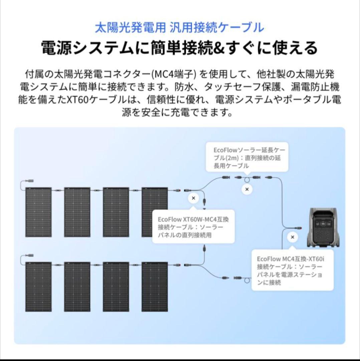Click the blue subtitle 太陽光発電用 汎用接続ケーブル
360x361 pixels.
coord(179,27)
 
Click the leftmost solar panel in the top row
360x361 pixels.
coord(39,212)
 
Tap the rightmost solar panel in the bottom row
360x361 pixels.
coord(154,287)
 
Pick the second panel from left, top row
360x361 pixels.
coord(77,212)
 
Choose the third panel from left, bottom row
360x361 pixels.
coord(116,287)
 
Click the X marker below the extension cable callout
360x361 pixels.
coord(247,189)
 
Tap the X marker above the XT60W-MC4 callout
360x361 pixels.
coord(193,198)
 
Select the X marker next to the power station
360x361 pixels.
coord(293,237)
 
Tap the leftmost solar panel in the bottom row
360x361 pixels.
coord(39,287)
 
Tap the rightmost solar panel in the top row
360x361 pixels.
coord(154,212)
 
